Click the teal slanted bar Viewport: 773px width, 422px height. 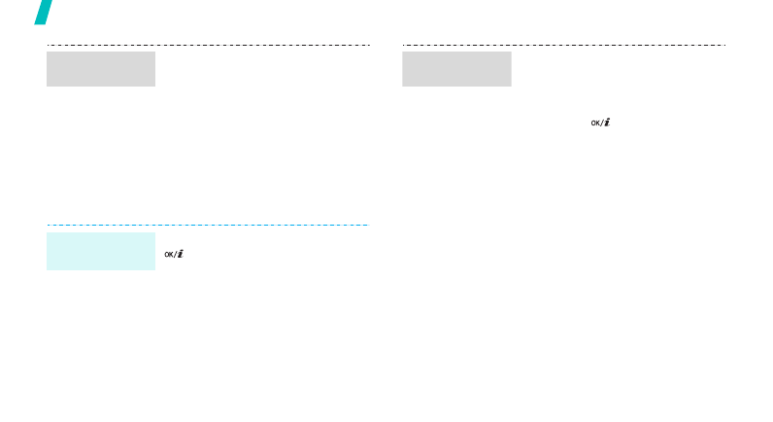(x=44, y=12)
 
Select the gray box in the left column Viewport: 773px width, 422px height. (x=101, y=69)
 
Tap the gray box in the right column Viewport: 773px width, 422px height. (x=456, y=69)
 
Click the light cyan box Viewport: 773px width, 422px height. (x=101, y=251)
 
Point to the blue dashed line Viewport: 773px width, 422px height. (x=208, y=225)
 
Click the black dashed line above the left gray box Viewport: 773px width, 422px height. (x=208, y=45)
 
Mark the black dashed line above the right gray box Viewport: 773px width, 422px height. (x=564, y=45)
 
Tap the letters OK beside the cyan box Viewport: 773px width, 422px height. (x=169, y=255)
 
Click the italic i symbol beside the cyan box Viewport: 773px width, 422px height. (x=180, y=254)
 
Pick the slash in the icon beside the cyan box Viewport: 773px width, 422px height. (x=175, y=255)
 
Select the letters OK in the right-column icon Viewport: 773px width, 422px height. (x=595, y=123)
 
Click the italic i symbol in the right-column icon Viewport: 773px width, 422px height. (x=607, y=123)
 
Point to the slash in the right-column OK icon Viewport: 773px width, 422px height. (x=602, y=123)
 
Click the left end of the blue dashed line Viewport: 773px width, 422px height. (x=48, y=225)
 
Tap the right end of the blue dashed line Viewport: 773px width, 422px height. (x=369, y=225)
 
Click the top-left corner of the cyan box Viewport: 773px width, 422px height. (x=47, y=233)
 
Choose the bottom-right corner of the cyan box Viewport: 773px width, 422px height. (x=155, y=270)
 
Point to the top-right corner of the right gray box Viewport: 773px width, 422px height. (x=511, y=52)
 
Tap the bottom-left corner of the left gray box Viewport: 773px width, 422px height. (x=47, y=87)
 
